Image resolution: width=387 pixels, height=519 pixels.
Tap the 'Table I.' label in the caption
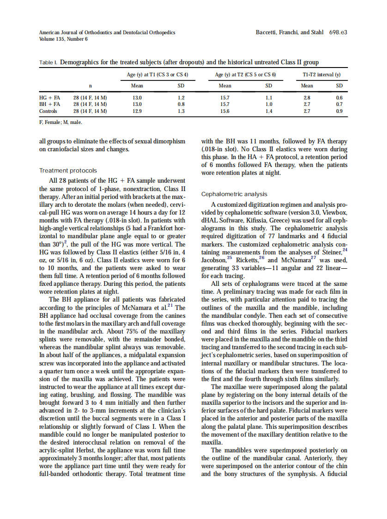[48, 62]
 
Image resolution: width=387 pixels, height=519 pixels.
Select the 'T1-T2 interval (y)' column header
[321, 74]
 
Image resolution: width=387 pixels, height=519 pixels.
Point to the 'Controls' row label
[48, 111]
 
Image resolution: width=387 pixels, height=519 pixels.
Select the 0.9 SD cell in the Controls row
[339, 111]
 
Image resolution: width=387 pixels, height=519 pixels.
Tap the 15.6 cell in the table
[225, 111]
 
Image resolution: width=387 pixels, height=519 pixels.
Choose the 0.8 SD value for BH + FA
[181, 105]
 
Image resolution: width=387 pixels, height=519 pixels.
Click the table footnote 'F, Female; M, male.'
[60, 123]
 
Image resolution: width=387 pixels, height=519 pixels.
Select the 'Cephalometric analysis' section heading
[234, 194]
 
